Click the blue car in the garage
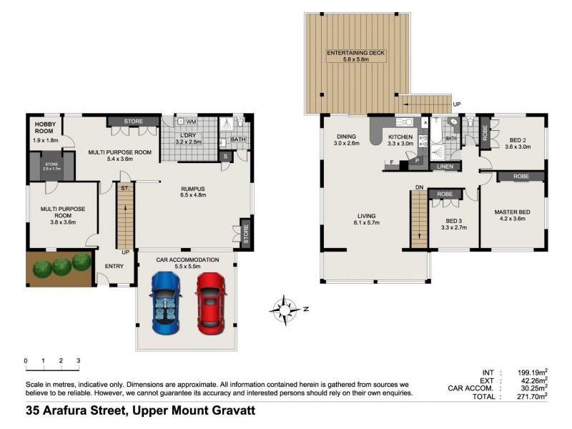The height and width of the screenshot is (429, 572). click(x=166, y=302)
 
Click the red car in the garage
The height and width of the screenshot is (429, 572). click(x=210, y=302)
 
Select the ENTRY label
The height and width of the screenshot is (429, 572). click(x=114, y=266)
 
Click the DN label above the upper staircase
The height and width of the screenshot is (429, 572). click(x=420, y=188)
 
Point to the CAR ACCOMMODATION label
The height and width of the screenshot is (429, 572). click(x=185, y=260)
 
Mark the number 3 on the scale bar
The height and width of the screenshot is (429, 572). click(x=78, y=360)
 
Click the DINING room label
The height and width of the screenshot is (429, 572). click(x=347, y=137)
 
